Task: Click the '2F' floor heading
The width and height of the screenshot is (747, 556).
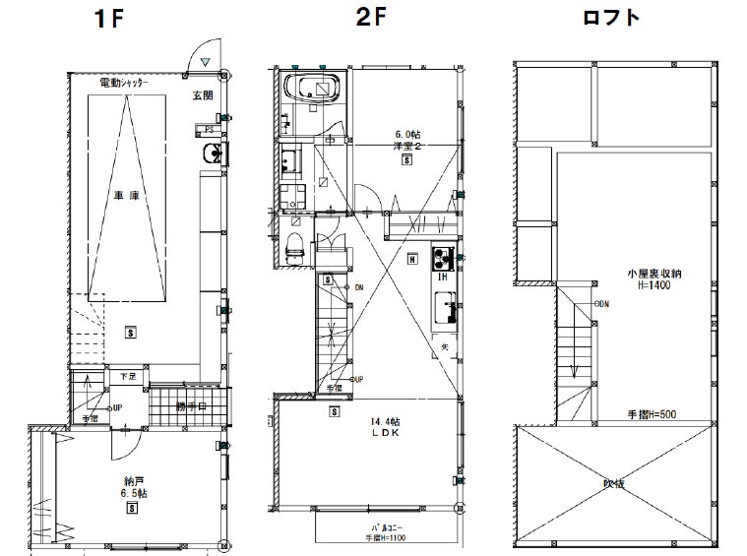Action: (x=367, y=19)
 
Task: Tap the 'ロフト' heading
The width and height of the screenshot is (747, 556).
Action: (x=610, y=19)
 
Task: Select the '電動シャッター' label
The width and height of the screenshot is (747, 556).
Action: (x=125, y=86)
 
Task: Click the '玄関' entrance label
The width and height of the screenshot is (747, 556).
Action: (x=204, y=96)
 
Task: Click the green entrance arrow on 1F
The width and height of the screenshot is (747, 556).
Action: (x=204, y=62)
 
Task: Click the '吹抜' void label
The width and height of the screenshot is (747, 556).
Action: (x=615, y=484)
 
